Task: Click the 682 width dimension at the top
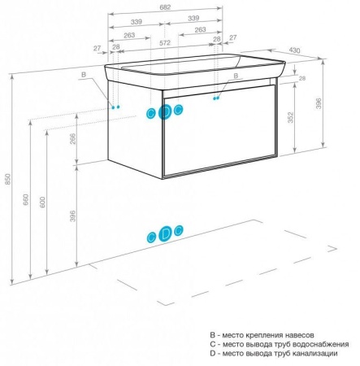pos(165,7)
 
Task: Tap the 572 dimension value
pos(165,42)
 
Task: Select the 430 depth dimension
pos(294,50)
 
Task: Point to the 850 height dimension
pos(8,179)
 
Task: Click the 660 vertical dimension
pos(26,199)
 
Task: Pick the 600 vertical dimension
pos(42,202)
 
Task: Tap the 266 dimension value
pos(73,138)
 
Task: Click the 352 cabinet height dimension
pos(290,117)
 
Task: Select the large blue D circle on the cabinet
pos(165,111)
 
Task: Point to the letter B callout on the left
pos(84,75)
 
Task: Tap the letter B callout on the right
pos(236,76)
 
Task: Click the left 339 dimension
pos(137,22)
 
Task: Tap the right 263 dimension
pos(200,29)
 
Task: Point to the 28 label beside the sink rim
pos(302,78)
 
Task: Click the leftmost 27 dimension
pos(98,48)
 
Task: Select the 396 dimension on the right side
pos(319,103)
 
